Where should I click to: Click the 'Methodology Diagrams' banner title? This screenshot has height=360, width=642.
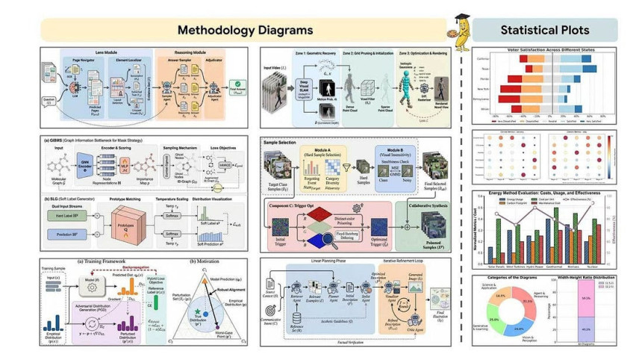(245, 30)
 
